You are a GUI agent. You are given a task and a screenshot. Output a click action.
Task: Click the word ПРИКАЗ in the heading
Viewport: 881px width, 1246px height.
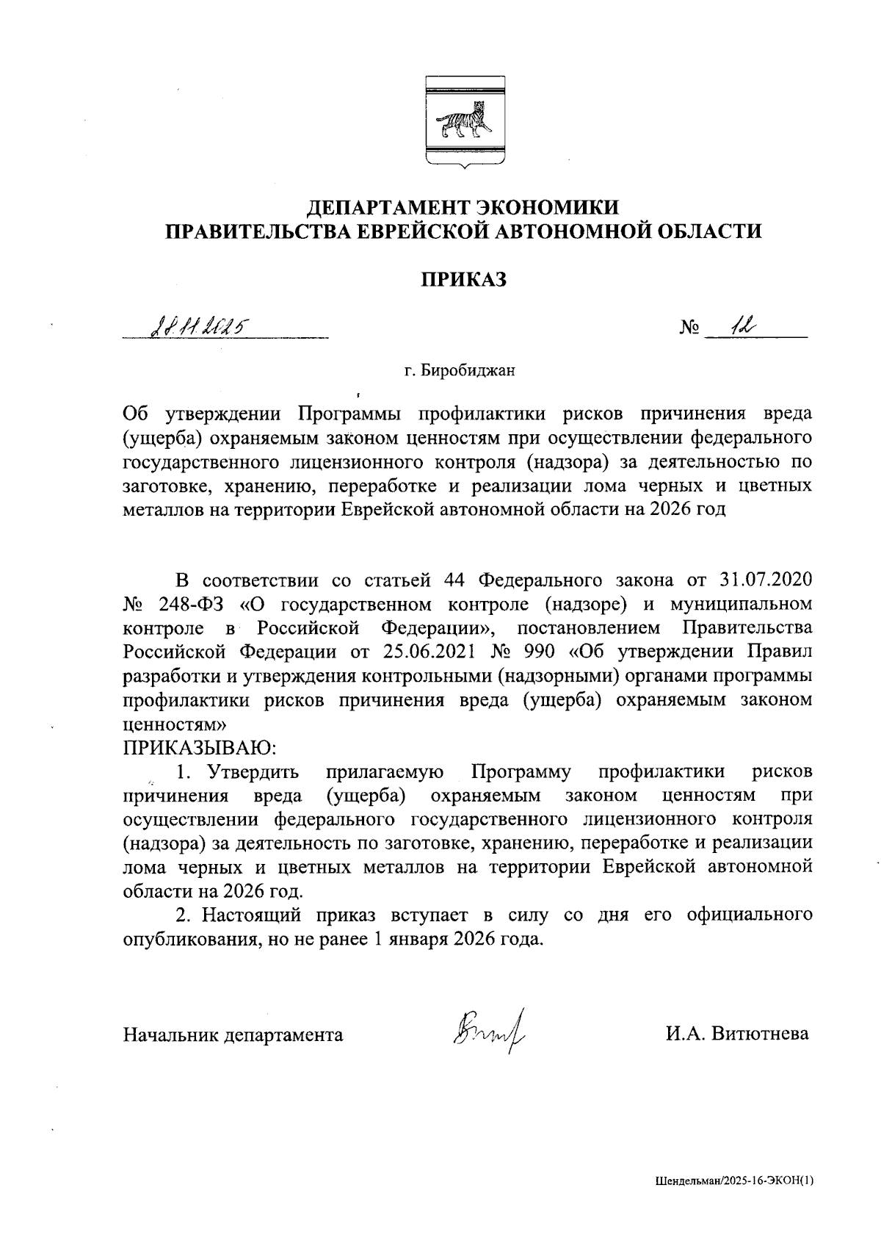(x=463, y=279)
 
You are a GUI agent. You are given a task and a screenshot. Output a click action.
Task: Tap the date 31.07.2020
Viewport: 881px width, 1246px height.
(x=763, y=580)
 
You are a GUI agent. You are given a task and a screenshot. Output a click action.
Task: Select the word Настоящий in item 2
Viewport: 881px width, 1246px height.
(x=251, y=915)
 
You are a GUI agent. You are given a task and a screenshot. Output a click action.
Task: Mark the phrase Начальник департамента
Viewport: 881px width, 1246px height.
(x=233, y=1034)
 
